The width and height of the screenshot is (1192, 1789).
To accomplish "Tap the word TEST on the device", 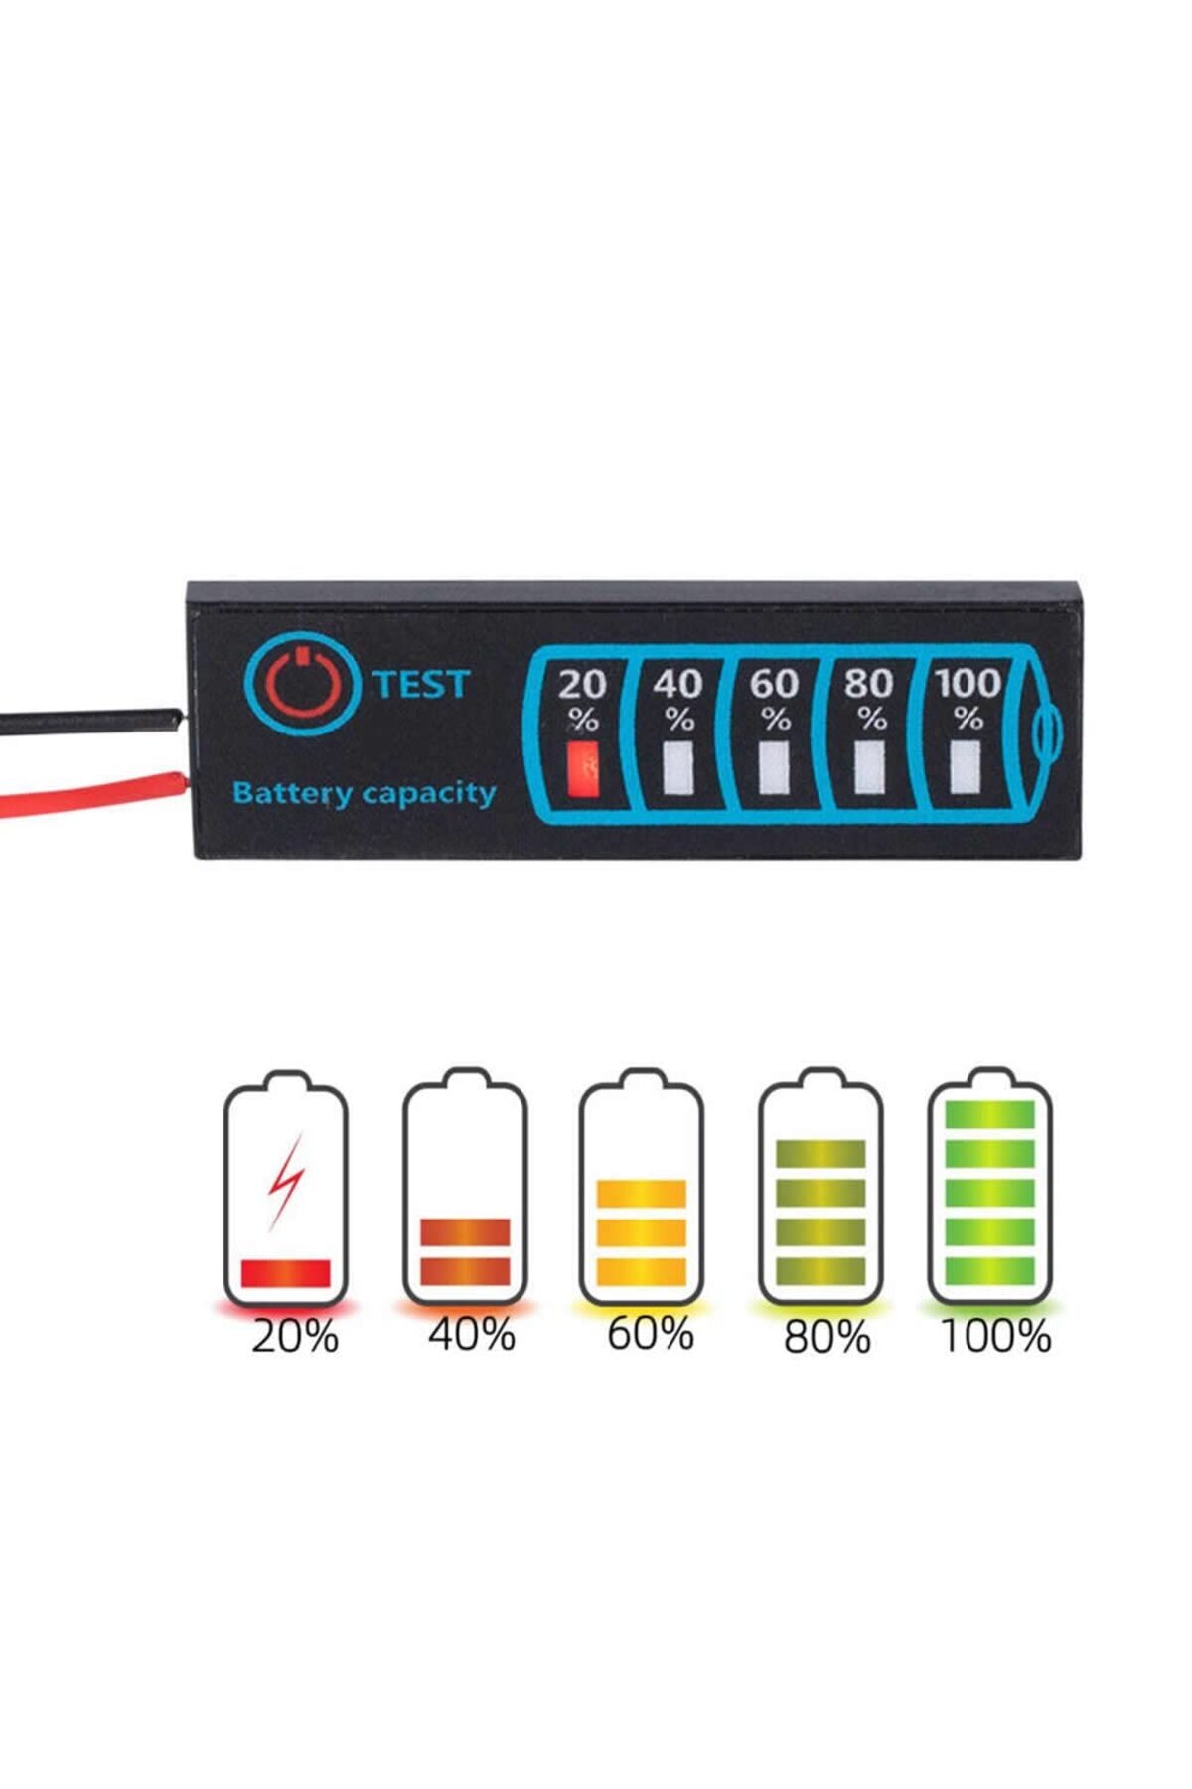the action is point(421,684).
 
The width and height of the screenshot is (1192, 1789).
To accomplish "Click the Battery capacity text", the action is point(364,794).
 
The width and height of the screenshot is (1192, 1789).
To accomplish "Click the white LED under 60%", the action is point(775,767).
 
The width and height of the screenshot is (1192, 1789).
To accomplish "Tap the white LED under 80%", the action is point(870,767).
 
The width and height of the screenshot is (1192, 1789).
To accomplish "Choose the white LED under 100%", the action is point(964,767).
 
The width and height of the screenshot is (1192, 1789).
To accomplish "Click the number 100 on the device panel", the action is point(968,683).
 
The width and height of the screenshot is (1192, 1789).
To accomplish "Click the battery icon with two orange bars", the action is point(465,1188).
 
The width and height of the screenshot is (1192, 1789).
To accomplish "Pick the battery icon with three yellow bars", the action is point(642,1188).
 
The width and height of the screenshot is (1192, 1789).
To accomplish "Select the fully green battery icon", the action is point(989,1188).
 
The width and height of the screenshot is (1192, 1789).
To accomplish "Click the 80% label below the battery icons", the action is point(826,1337).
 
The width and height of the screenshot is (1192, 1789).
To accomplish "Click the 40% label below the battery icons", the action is point(472,1334).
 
